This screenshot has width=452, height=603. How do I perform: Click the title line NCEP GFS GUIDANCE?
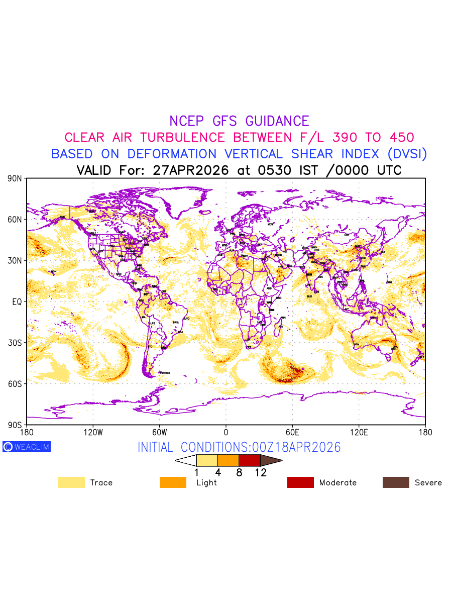click(x=239, y=121)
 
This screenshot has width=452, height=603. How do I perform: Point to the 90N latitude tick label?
click(x=15, y=178)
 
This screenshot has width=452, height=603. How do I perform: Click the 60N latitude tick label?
click(x=15, y=220)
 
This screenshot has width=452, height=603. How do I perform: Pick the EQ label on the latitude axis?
click(x=17, y=302)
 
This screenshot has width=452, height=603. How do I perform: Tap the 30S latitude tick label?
click(x=15, y=343)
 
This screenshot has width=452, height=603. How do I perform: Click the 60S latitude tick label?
click(x=15, y=384)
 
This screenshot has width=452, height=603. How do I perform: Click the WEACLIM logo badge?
click(x=27, y=447)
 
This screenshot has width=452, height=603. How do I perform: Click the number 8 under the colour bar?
click(x=239, y=473)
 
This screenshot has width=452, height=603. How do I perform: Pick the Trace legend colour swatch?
click(x=71, y=482)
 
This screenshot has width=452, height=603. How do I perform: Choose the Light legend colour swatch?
click(x=173, y=482)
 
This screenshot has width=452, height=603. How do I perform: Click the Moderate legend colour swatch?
click(x=300, y=482)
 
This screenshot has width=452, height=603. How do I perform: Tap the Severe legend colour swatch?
click(x=396, y=482)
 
